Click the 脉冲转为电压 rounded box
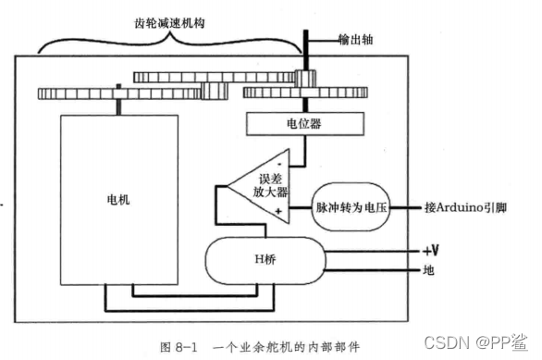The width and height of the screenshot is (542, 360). (x=352, y=207)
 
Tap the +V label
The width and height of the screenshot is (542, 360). (x=431, y=251)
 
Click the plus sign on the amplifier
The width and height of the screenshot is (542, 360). (x=278, y=213)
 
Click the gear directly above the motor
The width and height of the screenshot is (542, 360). (x=120, y=93)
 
